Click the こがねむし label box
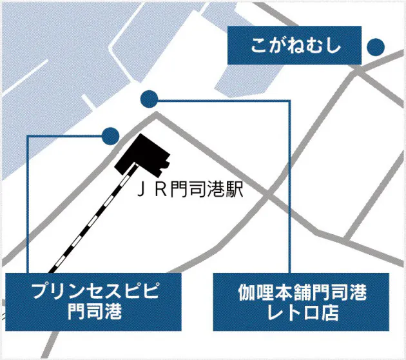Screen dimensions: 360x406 coord(295,46)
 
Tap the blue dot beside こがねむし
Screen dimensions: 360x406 coord(375,46)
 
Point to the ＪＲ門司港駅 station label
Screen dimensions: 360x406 coord(190,190)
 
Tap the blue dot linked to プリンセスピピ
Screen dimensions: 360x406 coord(110,135)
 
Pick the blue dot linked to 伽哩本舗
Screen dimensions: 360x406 coord(150,99)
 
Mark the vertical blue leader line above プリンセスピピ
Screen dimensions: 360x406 coord(28,206)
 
